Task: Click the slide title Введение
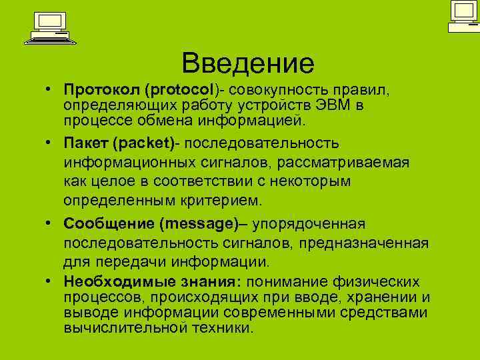tap(247, 63)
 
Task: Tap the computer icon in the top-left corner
tap(49, 28)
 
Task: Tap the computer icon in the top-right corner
tap(463, 16)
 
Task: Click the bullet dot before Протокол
tap(50, 90)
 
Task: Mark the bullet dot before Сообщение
tap(50, 224)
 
